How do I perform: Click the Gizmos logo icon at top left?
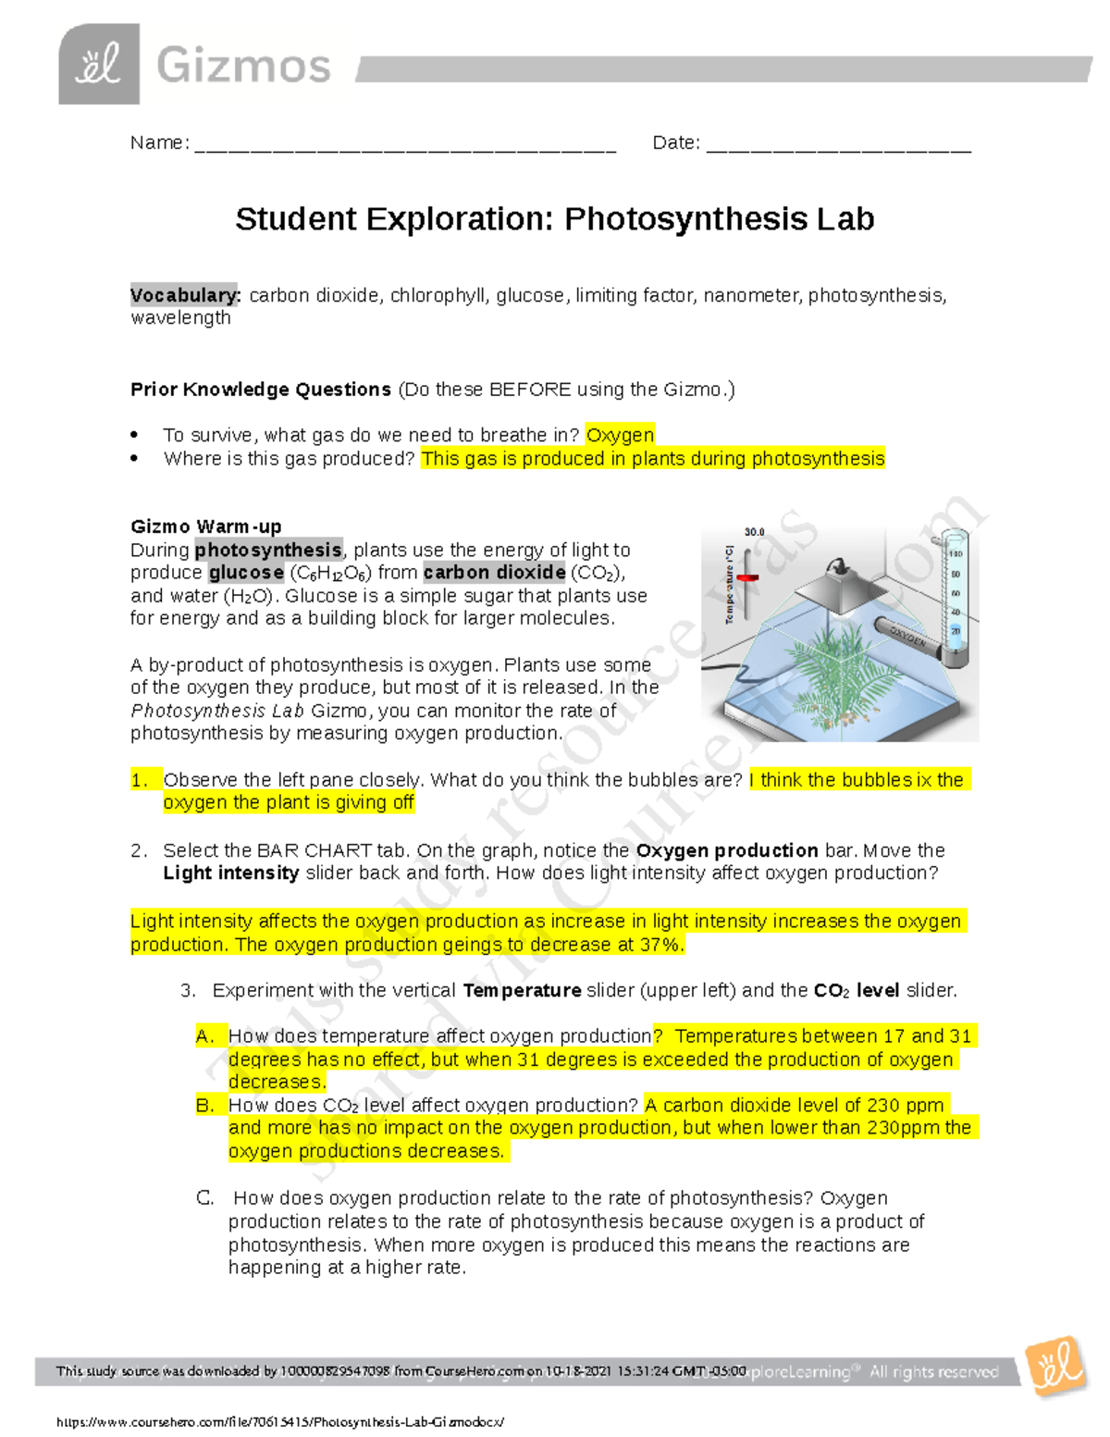[99, 64]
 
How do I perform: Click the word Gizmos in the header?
[243, 67]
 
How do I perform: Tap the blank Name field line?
[405, 145]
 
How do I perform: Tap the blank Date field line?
[838, 145]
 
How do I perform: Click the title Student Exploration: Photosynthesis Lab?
[554, 219]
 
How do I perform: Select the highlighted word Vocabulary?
[185, 295]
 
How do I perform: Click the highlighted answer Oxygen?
[620, 435]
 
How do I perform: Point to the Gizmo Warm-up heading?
[205, 526]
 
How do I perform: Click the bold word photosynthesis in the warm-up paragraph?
[268, 550]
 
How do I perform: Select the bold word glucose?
[246, 573]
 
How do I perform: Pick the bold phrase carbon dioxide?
[494, 573]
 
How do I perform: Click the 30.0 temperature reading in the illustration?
[754, 532]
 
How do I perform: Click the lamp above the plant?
[839, 585]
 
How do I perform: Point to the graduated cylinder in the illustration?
[954, 597]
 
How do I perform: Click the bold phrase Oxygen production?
[726, 850]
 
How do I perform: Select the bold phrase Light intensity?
[230, 873]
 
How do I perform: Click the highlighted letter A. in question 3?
[205, 1036]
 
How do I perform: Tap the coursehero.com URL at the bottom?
[280, 1422]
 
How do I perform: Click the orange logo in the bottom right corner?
[1057, 1366]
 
